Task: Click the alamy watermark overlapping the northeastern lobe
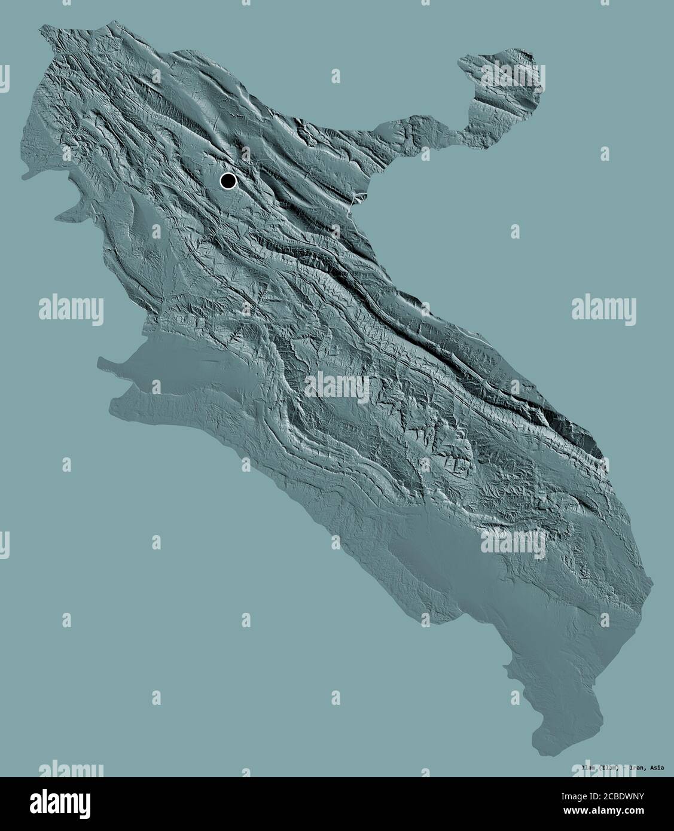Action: point(514,78)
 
